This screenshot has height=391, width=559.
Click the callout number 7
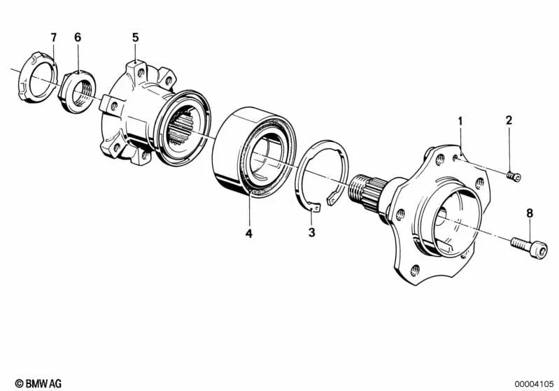tap(53, 38)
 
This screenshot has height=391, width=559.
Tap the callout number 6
tap(78, 38)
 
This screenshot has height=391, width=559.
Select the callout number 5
tap(136, 38)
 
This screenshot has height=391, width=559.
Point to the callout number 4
tap(249, 234)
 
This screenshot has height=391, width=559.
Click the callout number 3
tap(312, 233)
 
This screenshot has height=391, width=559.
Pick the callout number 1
tap(460, 121)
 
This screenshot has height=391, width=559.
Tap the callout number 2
tap(509, 120)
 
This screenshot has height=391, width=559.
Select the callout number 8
tap(530, 213)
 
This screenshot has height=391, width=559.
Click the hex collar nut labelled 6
tap(77, 92)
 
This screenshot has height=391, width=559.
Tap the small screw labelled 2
tap(514, 176)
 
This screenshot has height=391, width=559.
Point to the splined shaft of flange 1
tap(368, 192)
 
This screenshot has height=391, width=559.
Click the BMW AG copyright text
tap(38, 383)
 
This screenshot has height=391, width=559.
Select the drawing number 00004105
tap(534, 384)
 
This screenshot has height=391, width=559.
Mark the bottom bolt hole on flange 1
tap(414, 270)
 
